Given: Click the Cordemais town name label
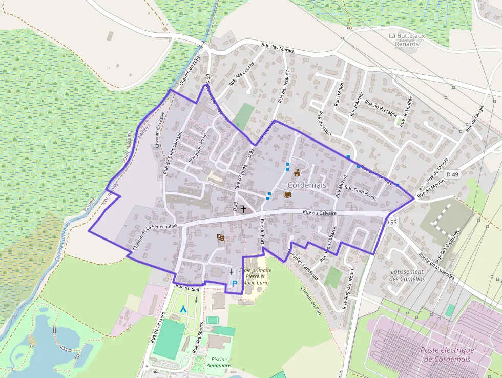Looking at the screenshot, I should [307, 184].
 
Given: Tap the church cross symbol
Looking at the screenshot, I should [243, 210].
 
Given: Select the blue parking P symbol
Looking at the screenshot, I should [235, 283].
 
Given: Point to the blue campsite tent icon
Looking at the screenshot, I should [183, 309].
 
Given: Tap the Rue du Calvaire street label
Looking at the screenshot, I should [319, 212].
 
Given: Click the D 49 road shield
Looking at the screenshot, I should [452, 175].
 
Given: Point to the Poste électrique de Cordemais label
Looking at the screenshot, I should [447, 354].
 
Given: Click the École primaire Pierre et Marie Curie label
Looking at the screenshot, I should [255, 276].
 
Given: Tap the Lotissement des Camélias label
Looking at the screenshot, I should [407, 275].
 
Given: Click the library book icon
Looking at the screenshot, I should [287, 195].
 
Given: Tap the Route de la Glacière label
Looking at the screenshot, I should [436, 266].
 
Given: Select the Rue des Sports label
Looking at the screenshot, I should [195, 340].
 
